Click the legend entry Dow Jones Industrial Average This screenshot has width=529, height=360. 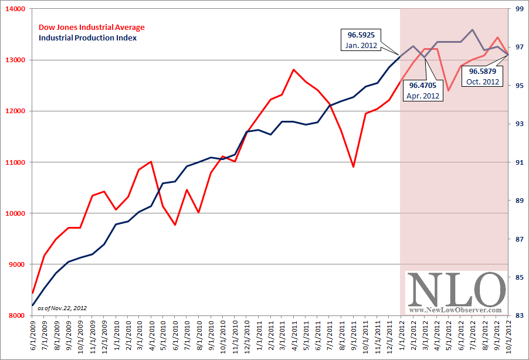91,27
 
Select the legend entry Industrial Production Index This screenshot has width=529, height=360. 87,38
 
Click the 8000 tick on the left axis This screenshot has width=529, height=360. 16,315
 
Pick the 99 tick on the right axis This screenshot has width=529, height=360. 519,9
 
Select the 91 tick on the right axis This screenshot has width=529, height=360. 519,162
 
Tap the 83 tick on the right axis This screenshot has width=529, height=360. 519,315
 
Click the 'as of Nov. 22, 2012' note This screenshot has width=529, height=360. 62,307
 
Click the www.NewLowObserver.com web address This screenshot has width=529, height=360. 456,310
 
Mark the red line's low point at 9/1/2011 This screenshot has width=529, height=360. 353,167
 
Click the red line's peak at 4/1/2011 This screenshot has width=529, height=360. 293,69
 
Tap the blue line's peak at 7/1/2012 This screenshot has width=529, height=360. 473,29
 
